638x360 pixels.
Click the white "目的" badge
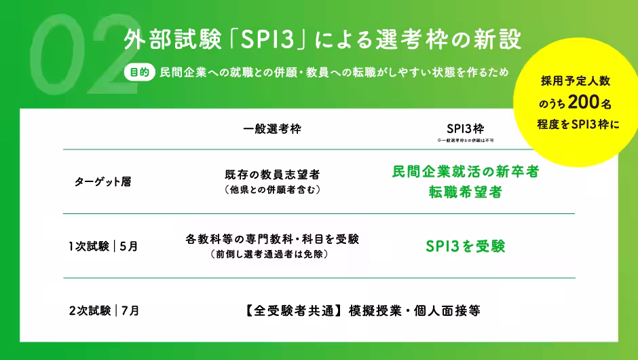coord(138,73)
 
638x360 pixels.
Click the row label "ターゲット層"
coord(102,182)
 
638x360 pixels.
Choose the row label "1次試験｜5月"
coord(103,247)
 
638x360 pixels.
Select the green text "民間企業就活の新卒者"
coord(466,172)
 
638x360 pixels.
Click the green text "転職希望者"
coord(466,192)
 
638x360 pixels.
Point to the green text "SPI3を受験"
coord(466,247)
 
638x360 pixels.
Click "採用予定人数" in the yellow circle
coord(576,82)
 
